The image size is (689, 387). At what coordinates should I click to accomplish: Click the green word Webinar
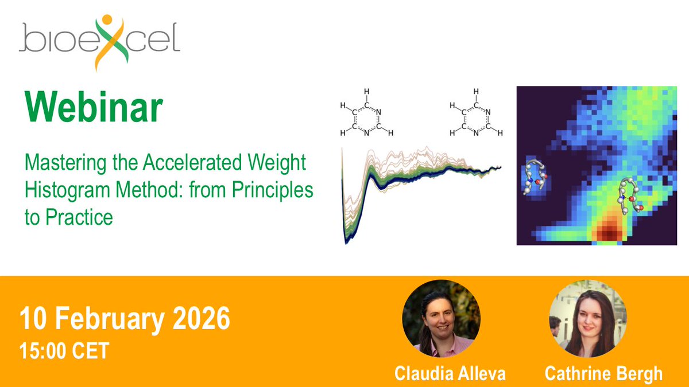92,107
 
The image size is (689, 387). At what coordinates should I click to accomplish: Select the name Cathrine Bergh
603,373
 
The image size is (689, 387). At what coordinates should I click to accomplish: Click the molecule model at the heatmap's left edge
534,179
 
